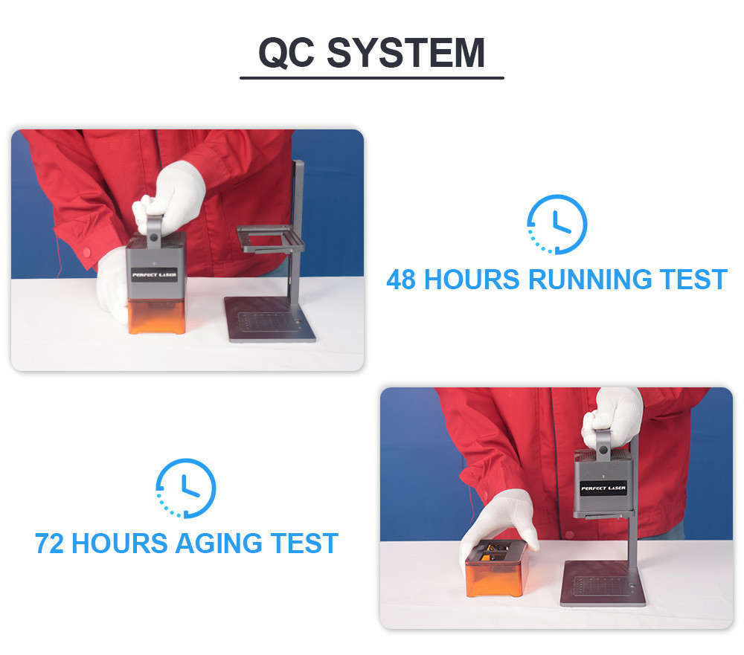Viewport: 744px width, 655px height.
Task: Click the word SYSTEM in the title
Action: click(x=405, y=52)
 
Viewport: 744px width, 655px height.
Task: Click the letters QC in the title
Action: click(x=286, y=53)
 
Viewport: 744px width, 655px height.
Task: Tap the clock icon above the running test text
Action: click(x=557, y=225)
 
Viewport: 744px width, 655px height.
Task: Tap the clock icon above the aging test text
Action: click(x=186, y=488)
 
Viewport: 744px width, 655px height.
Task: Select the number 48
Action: click(x=401, y=280)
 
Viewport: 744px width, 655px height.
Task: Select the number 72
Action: click(x=49, y=543)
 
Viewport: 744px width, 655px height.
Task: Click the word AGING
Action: click(x=219, y=543)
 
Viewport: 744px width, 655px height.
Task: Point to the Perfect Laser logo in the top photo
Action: click(x=154, y=274)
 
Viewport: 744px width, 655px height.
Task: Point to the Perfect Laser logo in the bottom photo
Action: click(x=603, y=488)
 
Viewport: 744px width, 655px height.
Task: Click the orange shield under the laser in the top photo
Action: click(x=156, y=315)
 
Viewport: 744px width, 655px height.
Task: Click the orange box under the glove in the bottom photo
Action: click(x=496, y=570)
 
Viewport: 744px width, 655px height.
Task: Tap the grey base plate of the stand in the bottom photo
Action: click(x=603, y=583)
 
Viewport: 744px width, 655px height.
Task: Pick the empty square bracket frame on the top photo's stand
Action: click(x=270, y=239)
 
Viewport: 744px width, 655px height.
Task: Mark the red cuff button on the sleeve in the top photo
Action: click(x=87, y=252)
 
